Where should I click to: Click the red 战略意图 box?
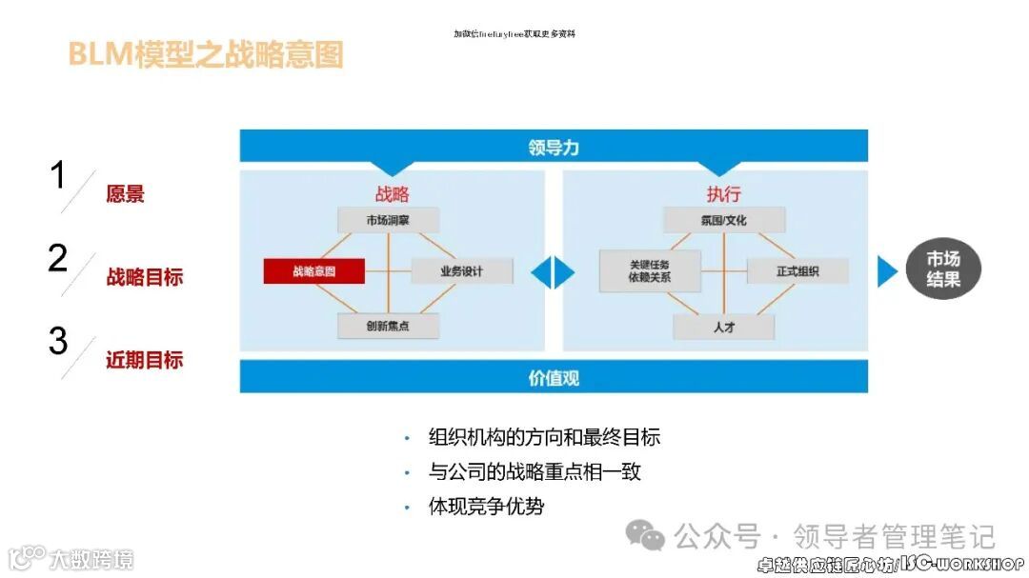(x=313, y=271)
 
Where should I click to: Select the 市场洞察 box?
(x=388, y=220)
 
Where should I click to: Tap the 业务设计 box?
(x=462, y=271)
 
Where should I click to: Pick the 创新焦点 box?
(x=388, y=326)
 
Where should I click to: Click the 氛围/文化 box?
(x=724, y=220)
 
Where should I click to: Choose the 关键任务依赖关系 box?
(x=650, y=270)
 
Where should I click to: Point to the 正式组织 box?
(x=797, y=271)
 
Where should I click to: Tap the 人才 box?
(x=724, y=326)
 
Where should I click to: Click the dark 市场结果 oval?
(x=943, y=270)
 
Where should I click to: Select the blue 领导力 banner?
(x=554, y=147)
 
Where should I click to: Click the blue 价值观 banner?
(x=554, y=377)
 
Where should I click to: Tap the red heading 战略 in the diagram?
(x=392, y=194)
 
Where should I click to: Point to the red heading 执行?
(x=724, y=194)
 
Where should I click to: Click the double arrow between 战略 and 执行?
(x=554, y=272)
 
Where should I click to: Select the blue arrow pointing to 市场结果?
(x=887, y=271)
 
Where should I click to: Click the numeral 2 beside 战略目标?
(x=58, y=259)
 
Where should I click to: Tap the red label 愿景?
(x=125, y=194)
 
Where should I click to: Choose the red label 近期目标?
(x=144, y=360)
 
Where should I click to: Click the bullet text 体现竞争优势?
(x=486, y=507)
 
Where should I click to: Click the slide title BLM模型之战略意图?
(x=205, y=54)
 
